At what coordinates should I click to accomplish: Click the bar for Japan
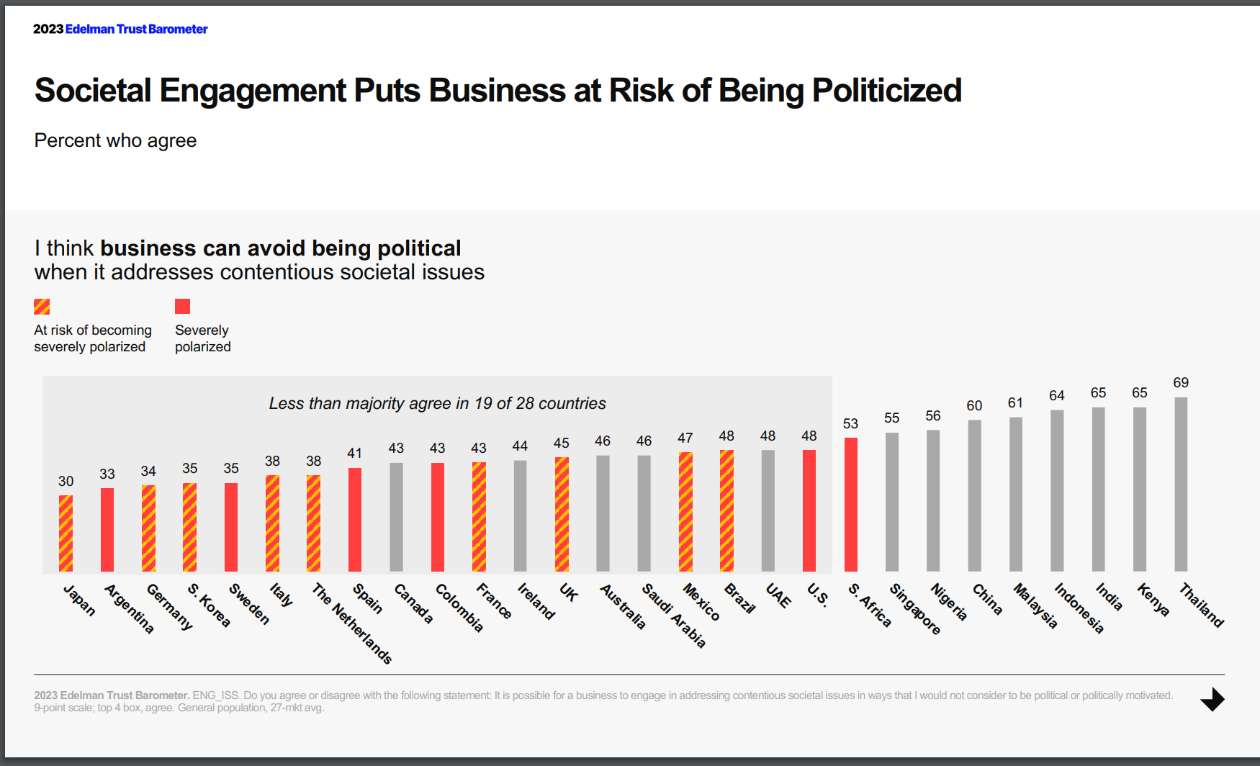pos(66,533)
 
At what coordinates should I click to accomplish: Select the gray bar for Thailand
pos(1181,484)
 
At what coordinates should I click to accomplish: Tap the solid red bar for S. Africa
pos(850,504)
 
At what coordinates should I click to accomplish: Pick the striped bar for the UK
pos(562,514)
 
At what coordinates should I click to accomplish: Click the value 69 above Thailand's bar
pos(1181,383)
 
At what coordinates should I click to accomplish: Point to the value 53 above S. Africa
pos(850,424)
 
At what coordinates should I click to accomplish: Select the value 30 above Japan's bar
pos(66,482)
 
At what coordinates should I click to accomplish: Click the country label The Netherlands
pos(352,623)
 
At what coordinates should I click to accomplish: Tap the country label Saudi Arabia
pos(674,616)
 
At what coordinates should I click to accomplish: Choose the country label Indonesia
pos(1079,608)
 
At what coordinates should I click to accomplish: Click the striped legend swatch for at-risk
pos(42,307)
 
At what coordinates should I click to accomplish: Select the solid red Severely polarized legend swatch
pos(183,307)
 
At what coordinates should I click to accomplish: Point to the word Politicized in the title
pos(886,91)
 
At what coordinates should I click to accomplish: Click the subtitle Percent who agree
pos(115,140)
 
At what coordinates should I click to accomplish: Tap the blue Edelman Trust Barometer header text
pos(136,30)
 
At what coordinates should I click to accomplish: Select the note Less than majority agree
pos(437,404)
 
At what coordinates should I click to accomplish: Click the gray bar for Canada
pos(396,517)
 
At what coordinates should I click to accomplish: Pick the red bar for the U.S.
pos(809,510)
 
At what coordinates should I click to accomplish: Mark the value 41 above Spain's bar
pos(354,454)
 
